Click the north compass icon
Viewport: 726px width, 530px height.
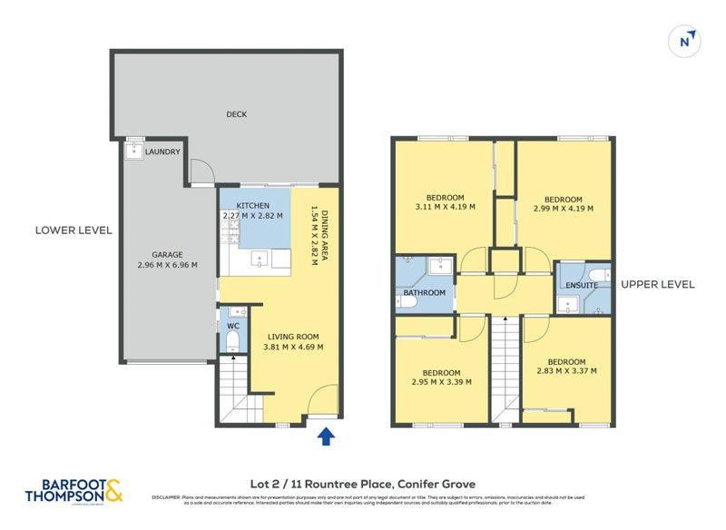tap(688, 40)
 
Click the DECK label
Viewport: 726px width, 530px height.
tap(237, 114)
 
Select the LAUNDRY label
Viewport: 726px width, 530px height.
tap(163, 152)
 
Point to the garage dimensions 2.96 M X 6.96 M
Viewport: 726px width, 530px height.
tap(161, 265)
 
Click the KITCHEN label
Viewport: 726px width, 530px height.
tap(253, 206)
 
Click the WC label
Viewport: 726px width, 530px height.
tap(232, 324)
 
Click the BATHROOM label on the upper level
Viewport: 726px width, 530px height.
tap(425, 292)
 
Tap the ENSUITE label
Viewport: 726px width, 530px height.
tap(581, 285)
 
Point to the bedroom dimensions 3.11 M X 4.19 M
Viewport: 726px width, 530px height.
tap(445, 207)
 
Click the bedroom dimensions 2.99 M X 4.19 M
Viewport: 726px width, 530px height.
tap(563, 208)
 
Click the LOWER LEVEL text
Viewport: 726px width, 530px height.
tap(74, 231)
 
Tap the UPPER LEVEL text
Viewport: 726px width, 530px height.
tap(658, 284)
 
